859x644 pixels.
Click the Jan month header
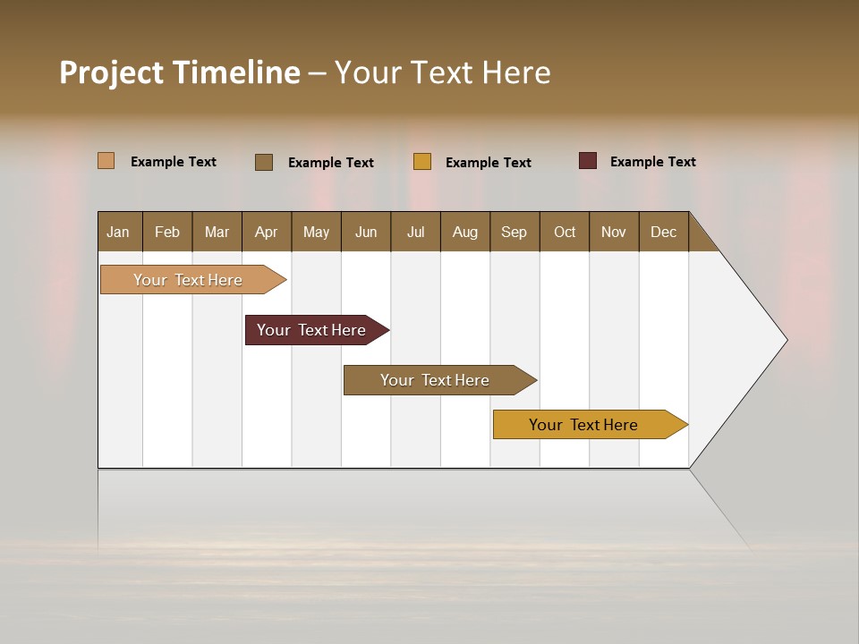tap(119, 232)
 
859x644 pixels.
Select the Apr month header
tap(267, 232)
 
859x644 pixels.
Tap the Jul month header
tap(415, 232)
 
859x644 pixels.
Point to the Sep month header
tap(514, 232)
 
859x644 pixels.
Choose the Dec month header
tap(663, 232)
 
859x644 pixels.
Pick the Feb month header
tap(167, 232)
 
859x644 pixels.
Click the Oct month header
tap(564, 232)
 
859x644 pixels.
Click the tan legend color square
tap(106, 161)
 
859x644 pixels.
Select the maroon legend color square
tap(588, 161)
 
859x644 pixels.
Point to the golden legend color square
tap(422, 162)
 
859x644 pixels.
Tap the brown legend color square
tap(264, 162)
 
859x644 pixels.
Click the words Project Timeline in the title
tap(180, 72)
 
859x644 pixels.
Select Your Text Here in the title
tap(442, 72)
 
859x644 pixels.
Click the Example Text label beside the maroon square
tap(652, 162)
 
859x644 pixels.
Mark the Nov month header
tap(614, 232)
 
